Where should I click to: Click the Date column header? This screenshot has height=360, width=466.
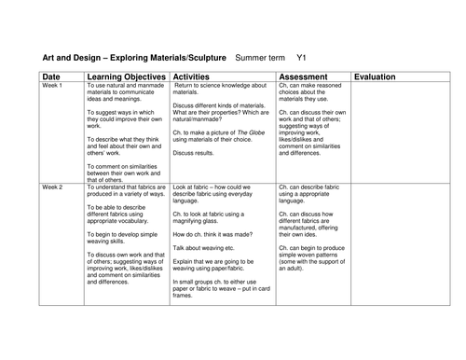pos(52,76)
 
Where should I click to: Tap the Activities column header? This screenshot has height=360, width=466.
pos(199,76)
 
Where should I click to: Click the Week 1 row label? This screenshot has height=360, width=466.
pos(52,85)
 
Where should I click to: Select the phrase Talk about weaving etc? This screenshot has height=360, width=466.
pos(203,274)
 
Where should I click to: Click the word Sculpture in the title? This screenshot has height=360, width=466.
pos(201,56)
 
